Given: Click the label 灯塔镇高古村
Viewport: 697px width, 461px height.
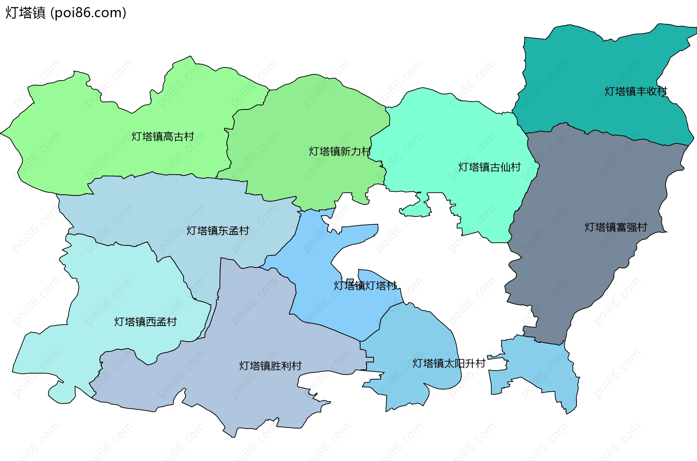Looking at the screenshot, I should click(x=163, y=136).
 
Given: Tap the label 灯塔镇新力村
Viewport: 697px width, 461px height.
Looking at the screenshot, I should click(x=340, y=151).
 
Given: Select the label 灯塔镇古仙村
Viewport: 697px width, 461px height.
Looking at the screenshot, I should click(x=489, y=167).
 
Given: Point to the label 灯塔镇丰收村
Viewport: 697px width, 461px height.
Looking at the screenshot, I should click(x=636, y=91).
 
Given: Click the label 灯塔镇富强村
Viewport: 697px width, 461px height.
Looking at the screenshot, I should click(x=616, y=227).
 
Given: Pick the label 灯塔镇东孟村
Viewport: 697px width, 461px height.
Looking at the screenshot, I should click(x=218, y=230).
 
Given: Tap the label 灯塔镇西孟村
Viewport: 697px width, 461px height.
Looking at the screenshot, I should click(x=145, y=322).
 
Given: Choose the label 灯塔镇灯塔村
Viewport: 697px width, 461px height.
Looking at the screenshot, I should click(x=365, y=286).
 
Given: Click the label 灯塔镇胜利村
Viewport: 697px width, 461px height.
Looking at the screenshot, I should click(x=270, y=366).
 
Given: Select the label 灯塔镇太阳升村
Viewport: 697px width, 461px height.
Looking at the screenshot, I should click(x=449, y=363).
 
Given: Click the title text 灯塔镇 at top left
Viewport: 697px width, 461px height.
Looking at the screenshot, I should click(x=25, y=13).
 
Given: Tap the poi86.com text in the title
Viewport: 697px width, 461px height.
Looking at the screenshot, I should click(x=88, y=13).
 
